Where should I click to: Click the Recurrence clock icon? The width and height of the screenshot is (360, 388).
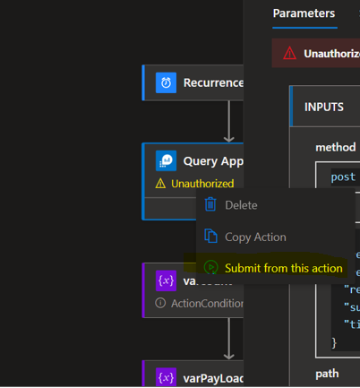click(166, 82)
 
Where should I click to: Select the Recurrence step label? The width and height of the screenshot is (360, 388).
click(213, 82)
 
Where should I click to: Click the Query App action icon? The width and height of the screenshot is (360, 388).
click(166, 161)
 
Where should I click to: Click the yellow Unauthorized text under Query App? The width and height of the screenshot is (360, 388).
click(202, 184)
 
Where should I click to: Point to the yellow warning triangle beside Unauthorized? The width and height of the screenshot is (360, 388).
click(161, 184)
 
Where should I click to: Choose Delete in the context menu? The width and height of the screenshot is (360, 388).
click(241, 205)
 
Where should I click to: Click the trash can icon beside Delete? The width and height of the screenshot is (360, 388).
click(210, 204)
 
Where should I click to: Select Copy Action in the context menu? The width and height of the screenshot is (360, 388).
click(255, 237)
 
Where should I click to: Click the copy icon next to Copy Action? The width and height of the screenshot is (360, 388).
click(210, 237)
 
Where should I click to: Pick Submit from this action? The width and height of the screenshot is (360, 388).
click(283, 268)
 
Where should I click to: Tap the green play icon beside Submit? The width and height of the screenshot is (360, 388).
click(210, 268)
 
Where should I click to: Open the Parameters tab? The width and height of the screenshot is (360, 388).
click(304, 13)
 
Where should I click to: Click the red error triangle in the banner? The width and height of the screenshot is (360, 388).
click(289, 53)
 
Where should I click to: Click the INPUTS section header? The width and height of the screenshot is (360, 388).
click(324, 107)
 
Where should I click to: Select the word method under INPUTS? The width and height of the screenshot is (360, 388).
click(335, 147)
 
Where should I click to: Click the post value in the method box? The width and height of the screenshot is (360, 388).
click(343, 177)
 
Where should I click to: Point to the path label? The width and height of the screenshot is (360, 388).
click(327, 373)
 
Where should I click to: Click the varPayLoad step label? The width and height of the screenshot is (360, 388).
click(213, 376)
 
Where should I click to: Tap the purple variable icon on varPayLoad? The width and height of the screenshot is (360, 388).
click(166, 376)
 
